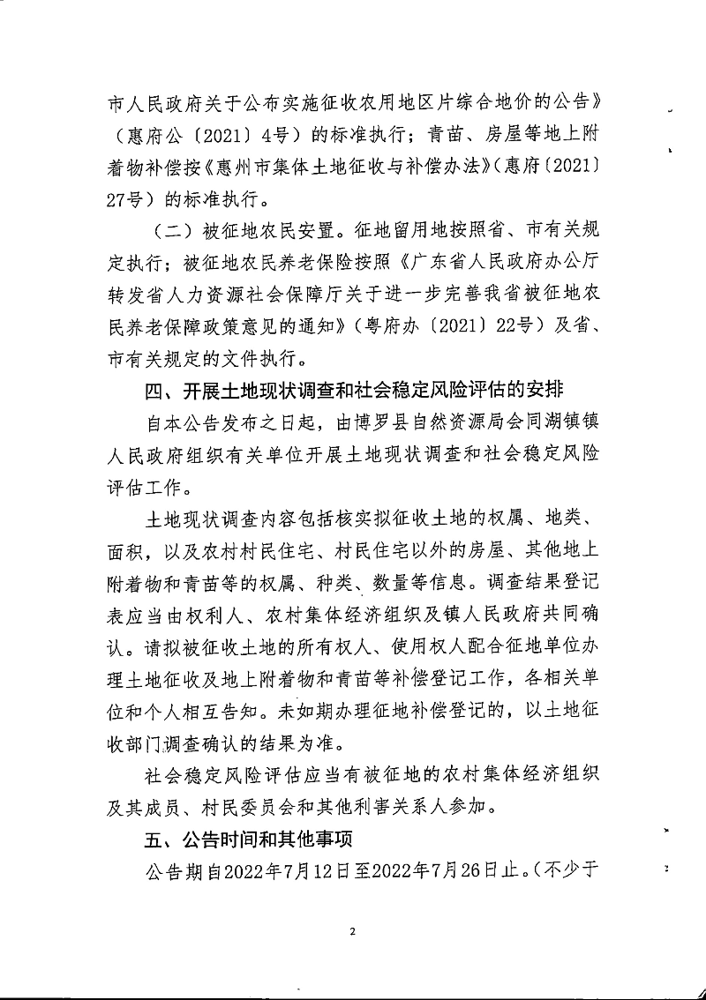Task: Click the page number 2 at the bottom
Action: tap(352, 931)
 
